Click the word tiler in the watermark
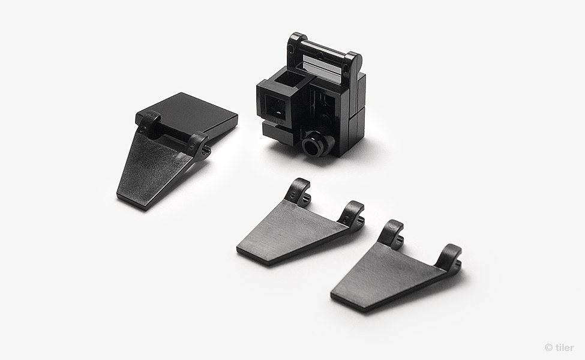(565, 347)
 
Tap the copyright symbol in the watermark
(548, 347)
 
